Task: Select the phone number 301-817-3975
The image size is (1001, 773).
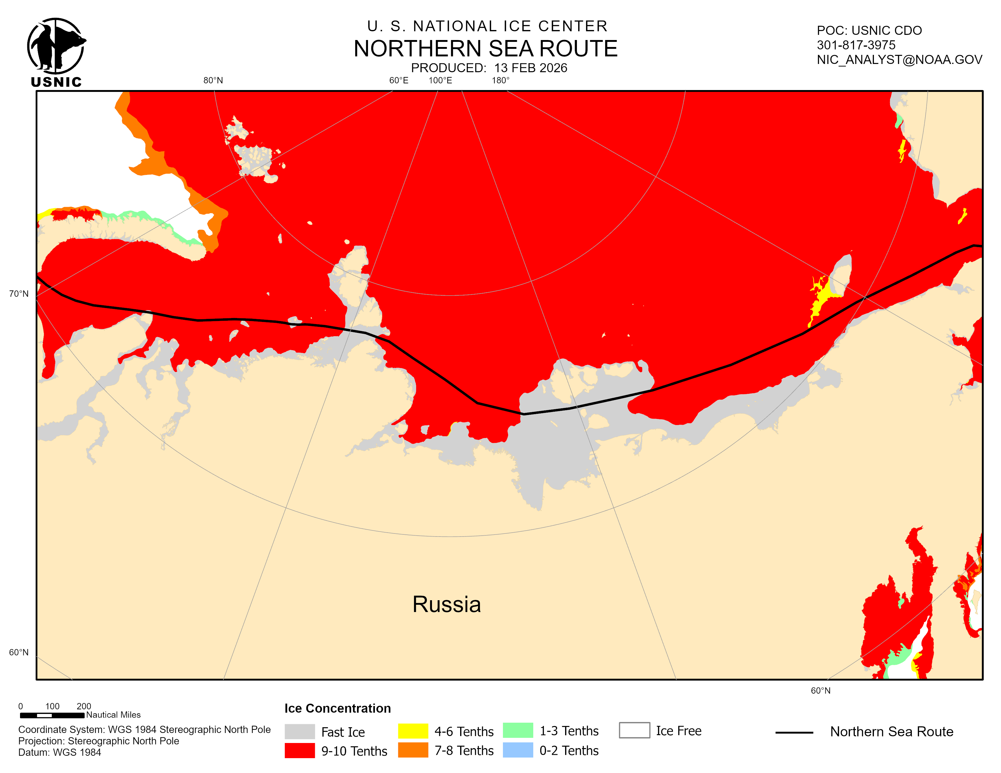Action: tap(856, 45)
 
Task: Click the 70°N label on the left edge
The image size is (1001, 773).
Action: tap(19, 293)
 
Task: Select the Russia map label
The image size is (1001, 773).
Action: tap(447, 604)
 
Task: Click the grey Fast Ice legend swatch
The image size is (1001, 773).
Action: tap(299, 731)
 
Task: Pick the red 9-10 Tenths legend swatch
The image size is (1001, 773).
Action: tap(299, 751)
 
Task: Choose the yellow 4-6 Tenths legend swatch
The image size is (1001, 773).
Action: tap(413, 731)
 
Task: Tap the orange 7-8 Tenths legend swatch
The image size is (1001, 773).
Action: tap(413, 750)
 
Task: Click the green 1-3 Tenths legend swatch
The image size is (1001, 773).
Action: tap(517, 731)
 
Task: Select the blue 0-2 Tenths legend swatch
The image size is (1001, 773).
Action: tap(517, 750)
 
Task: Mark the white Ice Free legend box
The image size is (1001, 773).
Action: tap(634, 730)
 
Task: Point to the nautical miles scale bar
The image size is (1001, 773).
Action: tap(52, 715)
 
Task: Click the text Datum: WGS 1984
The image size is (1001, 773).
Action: tap(59, 752)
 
